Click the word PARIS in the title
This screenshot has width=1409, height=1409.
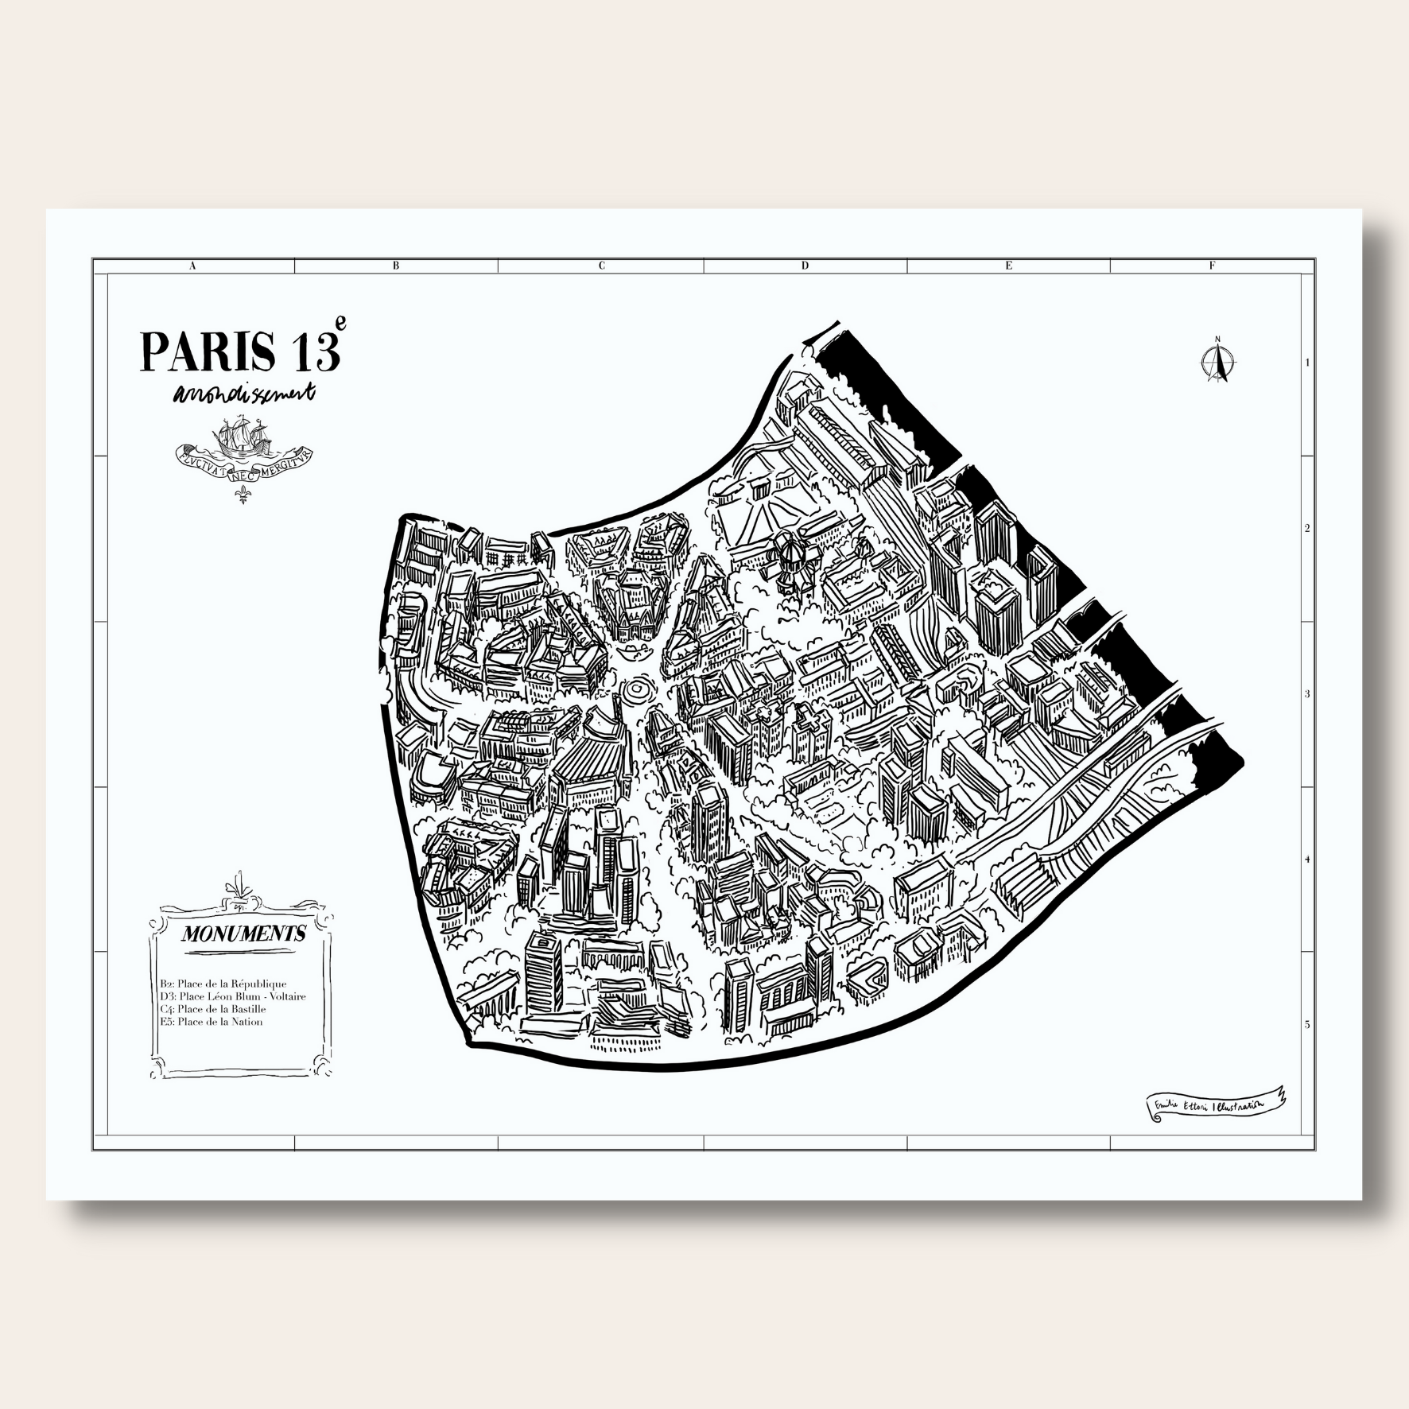[x=208, y=351]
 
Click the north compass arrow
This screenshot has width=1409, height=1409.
[x=1217, y=361]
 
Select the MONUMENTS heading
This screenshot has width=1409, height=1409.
[x=243, y=934]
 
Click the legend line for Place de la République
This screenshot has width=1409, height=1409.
[x=223, y=984]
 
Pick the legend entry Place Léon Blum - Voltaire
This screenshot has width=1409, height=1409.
[x=232, y=996]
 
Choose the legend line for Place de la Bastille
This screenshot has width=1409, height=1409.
[x=212, y=1009]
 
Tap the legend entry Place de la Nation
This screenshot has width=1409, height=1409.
[x=211, y=1022]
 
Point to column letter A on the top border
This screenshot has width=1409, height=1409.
[x=192, y=266]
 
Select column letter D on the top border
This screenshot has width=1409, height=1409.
[x=805, y=266]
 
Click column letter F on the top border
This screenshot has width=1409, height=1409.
[x=1213, y=266]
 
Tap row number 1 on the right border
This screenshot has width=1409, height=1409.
[x=1307, y=363]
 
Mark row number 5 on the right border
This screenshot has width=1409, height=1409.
[x=1307, y=1025]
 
